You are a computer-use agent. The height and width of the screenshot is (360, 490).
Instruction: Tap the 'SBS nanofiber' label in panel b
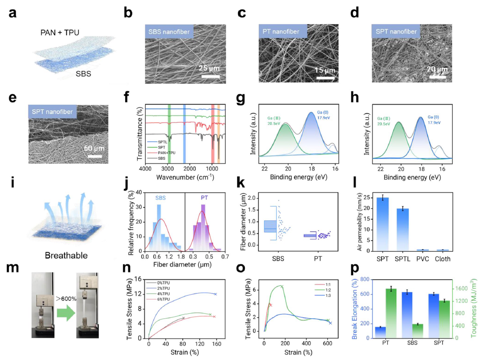(x=169, y=32)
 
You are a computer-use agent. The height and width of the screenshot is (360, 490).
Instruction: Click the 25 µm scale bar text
(x=209, y=68)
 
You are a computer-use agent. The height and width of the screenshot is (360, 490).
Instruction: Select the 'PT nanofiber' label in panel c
(x=281, y=31)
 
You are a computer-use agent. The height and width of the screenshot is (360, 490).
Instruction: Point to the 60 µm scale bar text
(x=94, y=148)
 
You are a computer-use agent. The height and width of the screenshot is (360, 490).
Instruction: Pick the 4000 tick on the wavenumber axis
(x=145, y=169)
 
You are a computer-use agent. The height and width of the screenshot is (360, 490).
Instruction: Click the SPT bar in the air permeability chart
(x=383, y=224)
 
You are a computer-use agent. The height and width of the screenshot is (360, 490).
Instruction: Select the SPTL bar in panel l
(x=402, y=230)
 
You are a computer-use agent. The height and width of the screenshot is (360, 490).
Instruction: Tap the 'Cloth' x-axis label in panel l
(x=443, y=259)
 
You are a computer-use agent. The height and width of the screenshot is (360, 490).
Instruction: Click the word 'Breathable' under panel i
(x=66, y=255)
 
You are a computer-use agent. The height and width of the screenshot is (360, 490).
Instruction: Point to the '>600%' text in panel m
(x=66, y=299)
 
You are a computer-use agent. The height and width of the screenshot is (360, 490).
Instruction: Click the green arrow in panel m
(x=66, y=313)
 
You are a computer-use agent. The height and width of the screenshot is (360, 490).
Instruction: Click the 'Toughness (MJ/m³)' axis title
(x=474, y=308)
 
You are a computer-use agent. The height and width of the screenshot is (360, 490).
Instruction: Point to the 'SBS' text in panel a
(x=83, y=74)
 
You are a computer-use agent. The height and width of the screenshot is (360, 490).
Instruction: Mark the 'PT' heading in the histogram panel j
(x=204, y=198)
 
